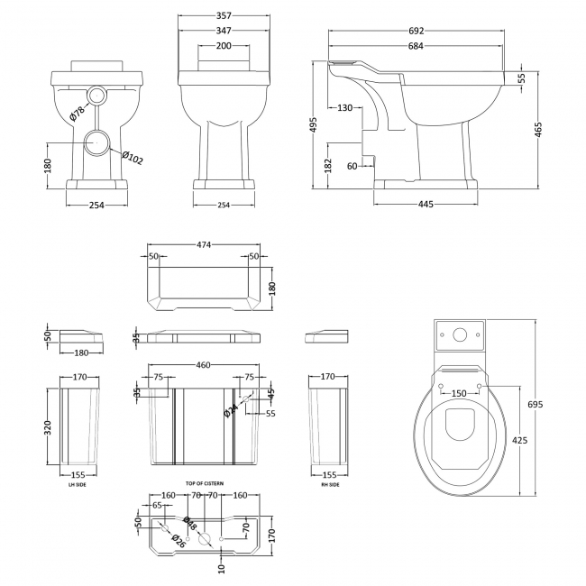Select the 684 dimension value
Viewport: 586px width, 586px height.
coord(416,46)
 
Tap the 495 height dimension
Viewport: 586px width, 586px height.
coord(314,124)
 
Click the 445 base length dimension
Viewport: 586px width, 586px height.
coord(426,204)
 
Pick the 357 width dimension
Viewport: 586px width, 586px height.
coord(223,17)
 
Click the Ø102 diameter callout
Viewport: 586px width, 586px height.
coord(132,159)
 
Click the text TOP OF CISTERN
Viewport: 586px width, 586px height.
coord(202,484)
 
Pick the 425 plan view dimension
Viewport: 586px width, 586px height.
coord(520,441)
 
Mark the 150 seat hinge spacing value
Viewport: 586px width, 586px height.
coord(460,393)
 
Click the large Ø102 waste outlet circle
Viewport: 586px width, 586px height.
coord(98,142)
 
